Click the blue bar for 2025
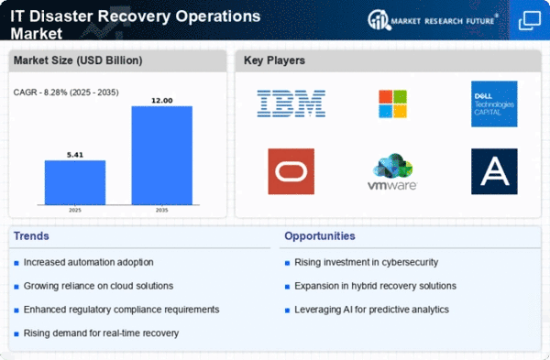point(75,182)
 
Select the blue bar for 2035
point(162,156)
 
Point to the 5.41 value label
point(75,155)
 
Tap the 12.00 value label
point(162,100)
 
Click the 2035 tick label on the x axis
point(162,210)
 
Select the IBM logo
point(291,104)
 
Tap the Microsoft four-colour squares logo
point(393,104)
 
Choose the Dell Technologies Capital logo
point(494,104)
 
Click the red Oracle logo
point(291,171)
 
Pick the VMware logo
point(392,171)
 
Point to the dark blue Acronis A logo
point(494,171)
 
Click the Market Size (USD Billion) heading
point(78,60)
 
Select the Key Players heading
point(274,60)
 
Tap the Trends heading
point(31,236)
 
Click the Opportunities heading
point(320,236)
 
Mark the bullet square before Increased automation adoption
point(16,263)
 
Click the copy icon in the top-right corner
point(530,20)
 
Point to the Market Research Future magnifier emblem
point(379,20)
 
